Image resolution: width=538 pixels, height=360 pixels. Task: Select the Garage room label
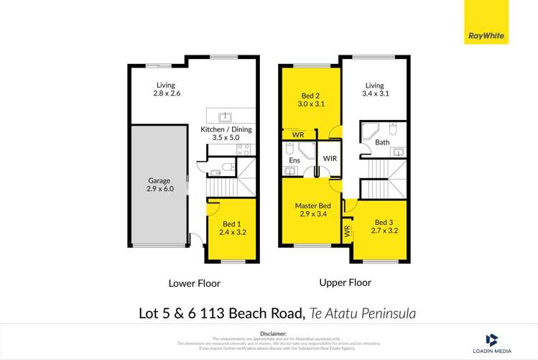click(156, 184)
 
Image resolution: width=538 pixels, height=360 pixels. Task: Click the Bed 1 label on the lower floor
click(233, 227)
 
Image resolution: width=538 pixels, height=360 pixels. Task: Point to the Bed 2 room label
click(310, 99)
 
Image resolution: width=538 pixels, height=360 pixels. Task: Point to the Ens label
click(294, 160)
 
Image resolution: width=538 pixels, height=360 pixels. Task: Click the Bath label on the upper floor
click(382, 142)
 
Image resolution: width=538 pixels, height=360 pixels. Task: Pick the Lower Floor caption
click(194, 283)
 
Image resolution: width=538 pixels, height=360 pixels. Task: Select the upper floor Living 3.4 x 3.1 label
click(374, 89)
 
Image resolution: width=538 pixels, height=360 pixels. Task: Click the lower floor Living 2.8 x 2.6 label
click(166, 89)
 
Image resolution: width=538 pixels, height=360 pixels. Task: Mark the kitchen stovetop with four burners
click(243, 150)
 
